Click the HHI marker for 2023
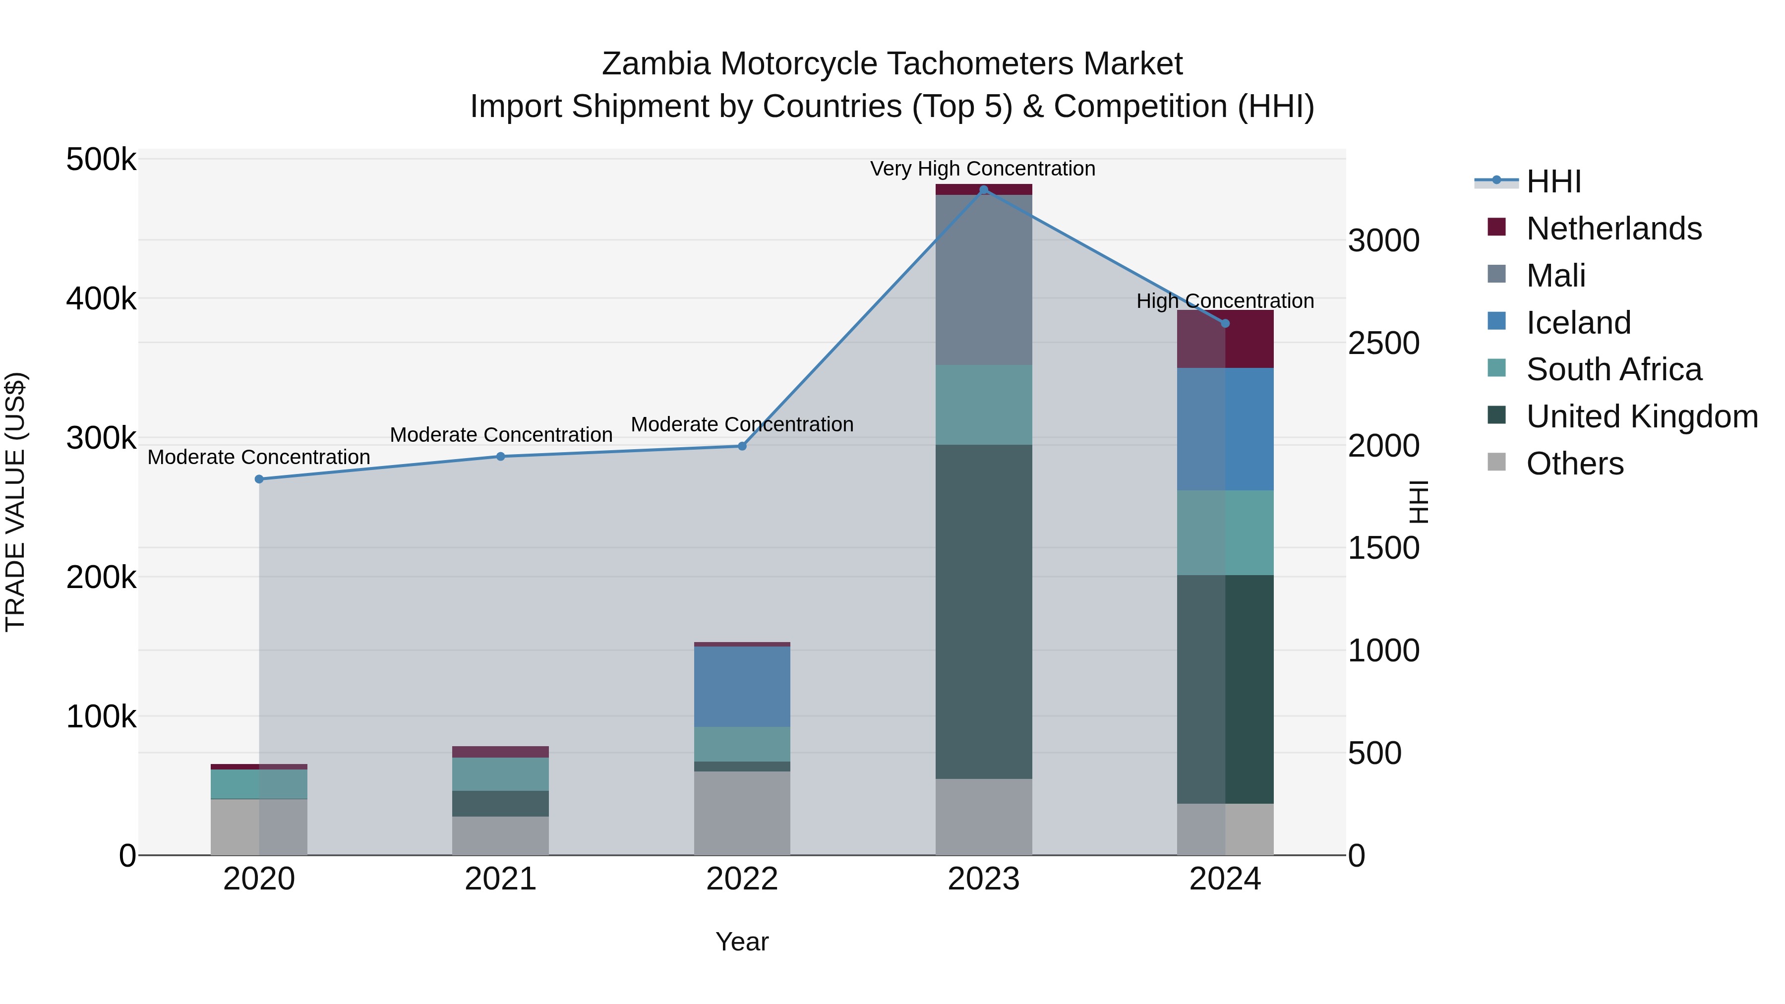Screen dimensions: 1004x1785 point(983,190)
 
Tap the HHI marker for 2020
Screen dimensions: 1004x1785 point(259,479)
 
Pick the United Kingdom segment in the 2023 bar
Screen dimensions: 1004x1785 point(983,611)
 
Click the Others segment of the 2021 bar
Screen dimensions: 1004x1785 point(500,835)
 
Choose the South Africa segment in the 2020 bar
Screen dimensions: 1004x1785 point(259,784)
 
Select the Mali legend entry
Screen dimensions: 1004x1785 point(1555,276)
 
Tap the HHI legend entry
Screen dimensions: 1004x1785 point(1553,181)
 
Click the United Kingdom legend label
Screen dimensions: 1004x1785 point(1642,416)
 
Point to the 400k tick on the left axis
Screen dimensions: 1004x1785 point(101,299)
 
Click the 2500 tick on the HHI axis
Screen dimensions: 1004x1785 point(1383,344)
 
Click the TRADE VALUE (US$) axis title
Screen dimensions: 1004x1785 point(15,502)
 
